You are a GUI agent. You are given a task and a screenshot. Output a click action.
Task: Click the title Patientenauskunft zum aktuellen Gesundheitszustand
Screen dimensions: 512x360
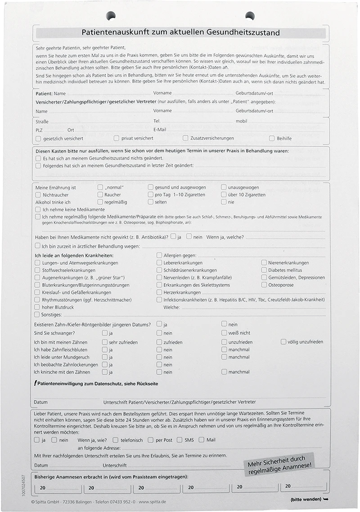click(180, 32)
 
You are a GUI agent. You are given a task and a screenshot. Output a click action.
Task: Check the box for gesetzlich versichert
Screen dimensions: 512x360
click(38, 138)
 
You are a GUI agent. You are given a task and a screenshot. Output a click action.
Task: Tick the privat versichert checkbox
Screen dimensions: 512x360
click(117, 138)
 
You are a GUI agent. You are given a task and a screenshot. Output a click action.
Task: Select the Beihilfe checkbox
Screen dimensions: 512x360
click(272, 138)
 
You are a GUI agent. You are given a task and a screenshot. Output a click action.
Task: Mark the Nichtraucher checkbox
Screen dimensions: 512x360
click(38, 195)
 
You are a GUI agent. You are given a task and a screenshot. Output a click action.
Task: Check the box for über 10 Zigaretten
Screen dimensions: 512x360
click(224, 195)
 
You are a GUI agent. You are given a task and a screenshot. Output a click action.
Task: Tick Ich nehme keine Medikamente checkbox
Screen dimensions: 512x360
click(38, 209)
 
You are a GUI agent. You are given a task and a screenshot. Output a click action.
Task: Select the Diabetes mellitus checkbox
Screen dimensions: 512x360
click(264, 270)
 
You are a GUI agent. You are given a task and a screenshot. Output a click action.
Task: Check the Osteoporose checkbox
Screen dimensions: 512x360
click(264, 285)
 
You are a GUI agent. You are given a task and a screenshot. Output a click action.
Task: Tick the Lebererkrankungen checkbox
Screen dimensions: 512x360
click(159, 263)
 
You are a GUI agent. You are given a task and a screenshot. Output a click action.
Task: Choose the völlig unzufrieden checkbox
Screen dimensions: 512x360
click(283, 342)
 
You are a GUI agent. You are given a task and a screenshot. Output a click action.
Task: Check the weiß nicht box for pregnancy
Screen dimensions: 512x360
click(224, 333)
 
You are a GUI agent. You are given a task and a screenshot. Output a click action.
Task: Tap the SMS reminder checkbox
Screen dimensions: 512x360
click(179, 440)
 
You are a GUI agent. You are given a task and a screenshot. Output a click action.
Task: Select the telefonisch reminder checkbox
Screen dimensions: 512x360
click(116, 440)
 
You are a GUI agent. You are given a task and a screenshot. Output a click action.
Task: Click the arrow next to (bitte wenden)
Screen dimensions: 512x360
click(326, 499)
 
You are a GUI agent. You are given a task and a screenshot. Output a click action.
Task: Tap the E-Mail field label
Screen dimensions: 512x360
click(160, 130)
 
